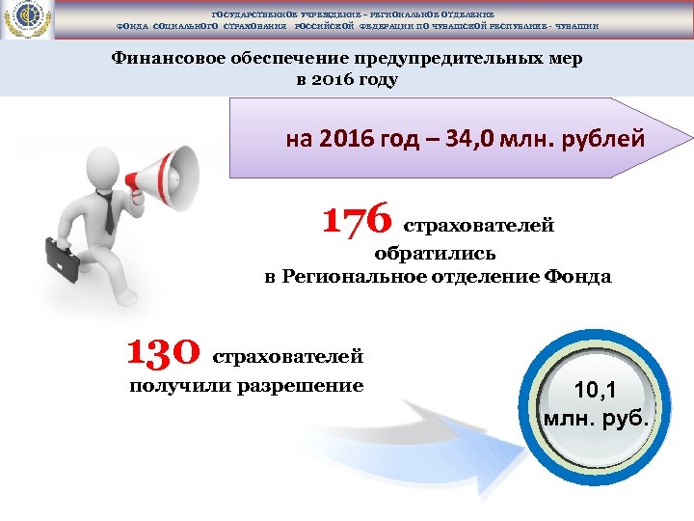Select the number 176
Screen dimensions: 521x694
click(x=357, y=219)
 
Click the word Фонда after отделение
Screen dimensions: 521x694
click(x=576, y=277)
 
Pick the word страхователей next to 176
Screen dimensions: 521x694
click(x=477, y=226)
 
